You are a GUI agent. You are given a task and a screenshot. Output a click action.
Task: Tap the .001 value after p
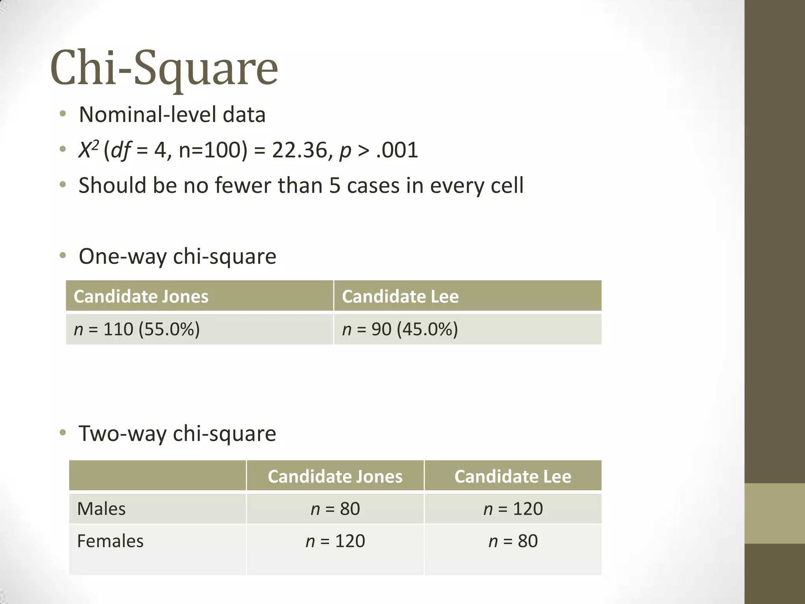[x=397, y=150]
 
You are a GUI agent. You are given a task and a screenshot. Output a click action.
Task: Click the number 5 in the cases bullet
[x=334, y=185]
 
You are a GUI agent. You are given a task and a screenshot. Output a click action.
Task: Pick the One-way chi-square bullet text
[x=177, y=256]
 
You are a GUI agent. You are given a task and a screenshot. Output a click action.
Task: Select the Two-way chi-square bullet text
[x=177, y=433]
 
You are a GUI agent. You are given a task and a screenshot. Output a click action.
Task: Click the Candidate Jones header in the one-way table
[x=141, y=296]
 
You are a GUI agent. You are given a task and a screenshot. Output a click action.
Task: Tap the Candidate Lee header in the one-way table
[x=400, y=296]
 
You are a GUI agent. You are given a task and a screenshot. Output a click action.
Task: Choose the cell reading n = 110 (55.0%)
[x=137, y=329]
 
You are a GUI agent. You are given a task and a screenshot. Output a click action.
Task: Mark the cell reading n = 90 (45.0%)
[x=400, y=329]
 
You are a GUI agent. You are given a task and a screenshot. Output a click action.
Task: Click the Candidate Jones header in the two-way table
[x=335, y=476]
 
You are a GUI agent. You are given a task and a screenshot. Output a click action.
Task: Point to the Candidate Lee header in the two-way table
[x=513, y=476]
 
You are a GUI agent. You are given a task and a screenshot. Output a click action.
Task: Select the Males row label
[x=101, y=509]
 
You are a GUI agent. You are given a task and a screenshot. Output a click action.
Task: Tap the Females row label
[x=110, y=541]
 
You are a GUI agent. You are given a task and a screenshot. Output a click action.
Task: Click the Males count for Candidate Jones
[x=335, y=509]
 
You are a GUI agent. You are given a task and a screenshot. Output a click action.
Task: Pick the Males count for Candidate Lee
[x=513, y=509]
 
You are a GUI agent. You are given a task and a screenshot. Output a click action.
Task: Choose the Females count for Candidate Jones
[x=335, y=541]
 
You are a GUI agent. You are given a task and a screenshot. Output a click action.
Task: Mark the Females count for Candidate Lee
[x=513, y=541]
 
